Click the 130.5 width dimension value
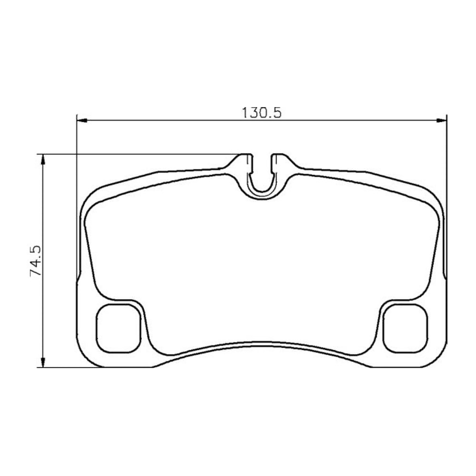click(262, 113)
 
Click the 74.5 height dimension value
click(36, 261)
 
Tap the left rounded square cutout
click(118, 328)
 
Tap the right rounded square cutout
click(405, 328)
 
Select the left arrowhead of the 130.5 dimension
click(82, 120)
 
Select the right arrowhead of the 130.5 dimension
click(441, 120)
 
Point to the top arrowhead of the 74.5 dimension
click(43, 160)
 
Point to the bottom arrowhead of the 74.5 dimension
click(43, 362)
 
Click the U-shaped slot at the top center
click(262, 192)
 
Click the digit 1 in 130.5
click(245, 113)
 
